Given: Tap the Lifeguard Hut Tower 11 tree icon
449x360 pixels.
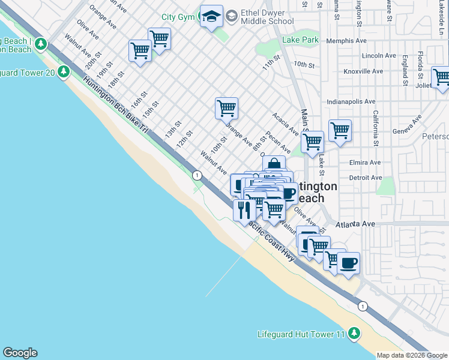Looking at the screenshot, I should coord(354,333).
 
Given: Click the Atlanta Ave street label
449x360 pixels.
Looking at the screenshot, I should coord(356,224).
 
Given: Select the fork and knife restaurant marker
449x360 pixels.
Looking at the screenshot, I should coord(244,209).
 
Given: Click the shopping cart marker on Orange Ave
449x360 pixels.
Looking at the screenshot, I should coord(226,109).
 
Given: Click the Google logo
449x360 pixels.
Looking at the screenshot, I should coord(20,353).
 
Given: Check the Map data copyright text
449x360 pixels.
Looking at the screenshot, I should coord(411,355).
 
